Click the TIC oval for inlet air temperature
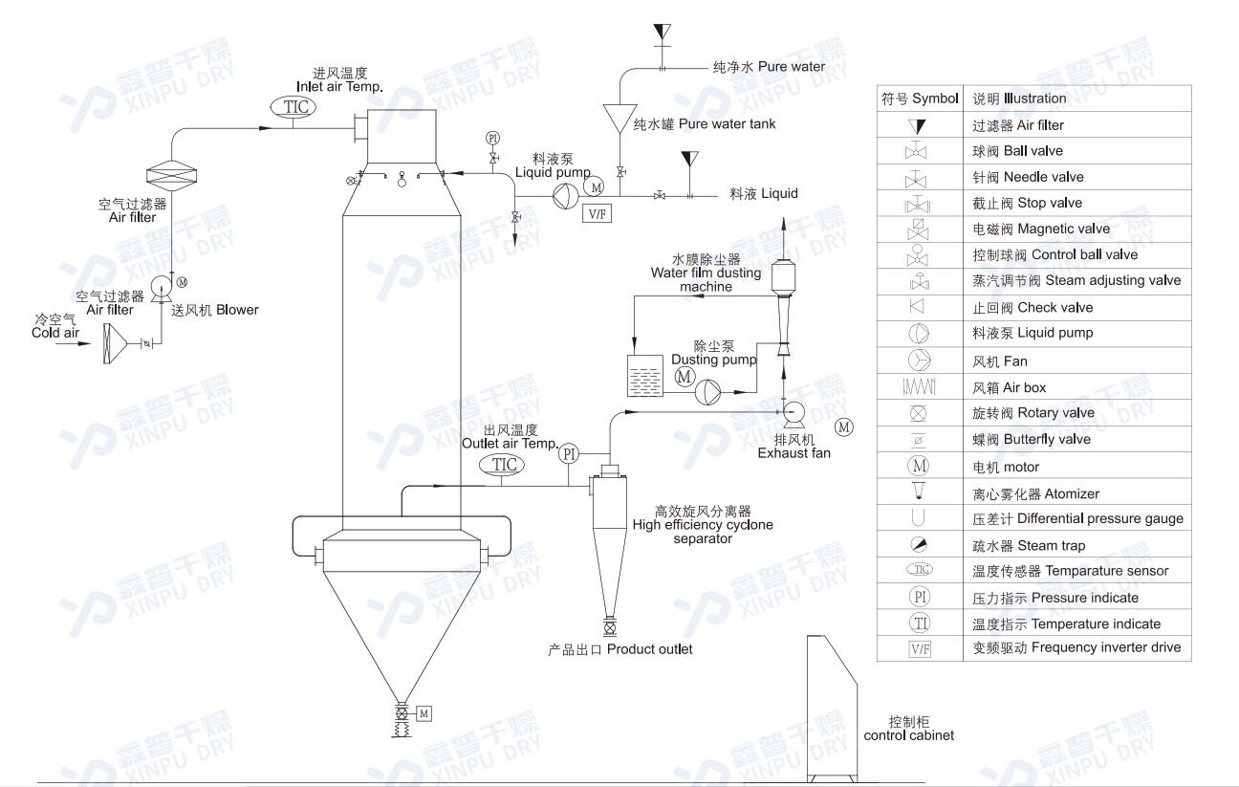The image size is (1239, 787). click(x=296, y=107)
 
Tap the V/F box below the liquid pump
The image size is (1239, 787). click(x=597, y=213)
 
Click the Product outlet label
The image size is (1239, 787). click(x=619, y=649)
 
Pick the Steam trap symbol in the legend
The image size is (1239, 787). click(x=919, y=545)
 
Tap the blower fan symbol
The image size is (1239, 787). click(x=160, y=284)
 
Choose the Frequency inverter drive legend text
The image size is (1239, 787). click(x=1076, y=647)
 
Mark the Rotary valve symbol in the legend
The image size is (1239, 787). click(x=919, y=413)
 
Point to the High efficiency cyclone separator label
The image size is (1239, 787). click(x=703, y=525)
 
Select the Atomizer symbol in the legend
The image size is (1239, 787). click(x=919, y=492)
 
